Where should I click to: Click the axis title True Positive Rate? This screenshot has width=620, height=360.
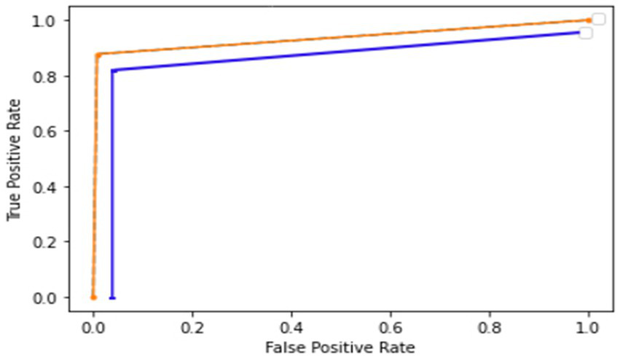point(13,160)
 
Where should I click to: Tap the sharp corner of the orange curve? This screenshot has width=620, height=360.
point(98,55)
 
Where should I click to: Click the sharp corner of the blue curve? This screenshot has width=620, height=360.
point(113,71)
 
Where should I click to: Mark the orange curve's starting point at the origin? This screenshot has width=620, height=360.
point(93,297)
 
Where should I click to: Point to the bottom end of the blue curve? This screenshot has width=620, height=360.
point(112,297)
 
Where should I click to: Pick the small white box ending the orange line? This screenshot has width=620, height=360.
point(598,19)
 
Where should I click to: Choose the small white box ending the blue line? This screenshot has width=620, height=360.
point(585,33)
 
